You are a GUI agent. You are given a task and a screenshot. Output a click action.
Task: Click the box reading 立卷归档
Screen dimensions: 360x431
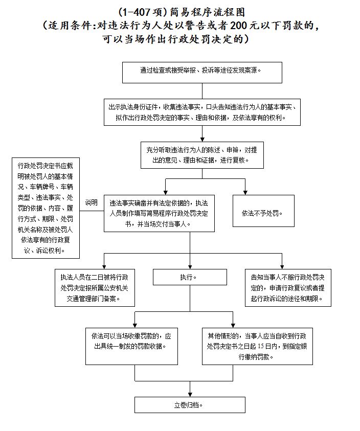pyautogui.click(x=190, y=405)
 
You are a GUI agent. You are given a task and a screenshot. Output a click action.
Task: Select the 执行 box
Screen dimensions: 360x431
pyautogui.click(x=190, y=277)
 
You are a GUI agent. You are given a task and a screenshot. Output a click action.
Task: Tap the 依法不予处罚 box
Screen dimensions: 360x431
pyautogui.click(x=263, y=211)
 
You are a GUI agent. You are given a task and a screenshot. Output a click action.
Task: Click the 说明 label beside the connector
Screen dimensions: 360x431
pyautogui.click(x=92, y=202)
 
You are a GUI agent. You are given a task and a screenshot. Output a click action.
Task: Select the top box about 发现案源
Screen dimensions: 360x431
pyautogui.click(x=202, y=73)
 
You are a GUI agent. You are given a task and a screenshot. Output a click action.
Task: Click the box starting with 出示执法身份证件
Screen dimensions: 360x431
pyautogui.click(x=202, y=112)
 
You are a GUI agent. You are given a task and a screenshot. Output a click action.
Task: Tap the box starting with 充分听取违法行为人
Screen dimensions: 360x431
pyautogui.click(x=202, y=155)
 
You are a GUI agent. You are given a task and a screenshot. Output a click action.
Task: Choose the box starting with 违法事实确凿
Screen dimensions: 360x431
pyautogui.click(x=159, y=213)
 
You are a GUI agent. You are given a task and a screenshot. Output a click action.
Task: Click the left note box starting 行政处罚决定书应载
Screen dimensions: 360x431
pyautogui.click(x=46, y=208)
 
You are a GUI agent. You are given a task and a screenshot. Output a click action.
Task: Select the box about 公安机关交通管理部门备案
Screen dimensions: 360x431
pyautogui.click(x=95, y=288)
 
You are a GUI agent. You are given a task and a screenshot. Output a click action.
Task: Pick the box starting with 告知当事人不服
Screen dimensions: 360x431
pyautogui.click(x=288, y=288)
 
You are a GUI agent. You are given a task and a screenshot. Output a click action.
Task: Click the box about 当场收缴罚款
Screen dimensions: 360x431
pyautogui.click(x=132, y=346)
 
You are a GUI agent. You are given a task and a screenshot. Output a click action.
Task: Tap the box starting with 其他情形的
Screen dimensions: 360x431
pyautogui.click(x=257, y=346)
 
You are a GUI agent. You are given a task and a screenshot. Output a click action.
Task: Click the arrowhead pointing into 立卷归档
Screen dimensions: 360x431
pyautogui.click(x=190, y=395)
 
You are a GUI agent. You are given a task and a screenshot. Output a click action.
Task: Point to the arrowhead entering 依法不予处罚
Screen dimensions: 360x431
pyautogui.click(x=245, y=193)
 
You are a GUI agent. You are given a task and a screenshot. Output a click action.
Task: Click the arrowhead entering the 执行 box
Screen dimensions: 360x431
pyautogui.click(x=190, y=267)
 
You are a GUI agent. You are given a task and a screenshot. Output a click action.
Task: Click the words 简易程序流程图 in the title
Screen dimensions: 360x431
pyautogui.click(x=208, y=12)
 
